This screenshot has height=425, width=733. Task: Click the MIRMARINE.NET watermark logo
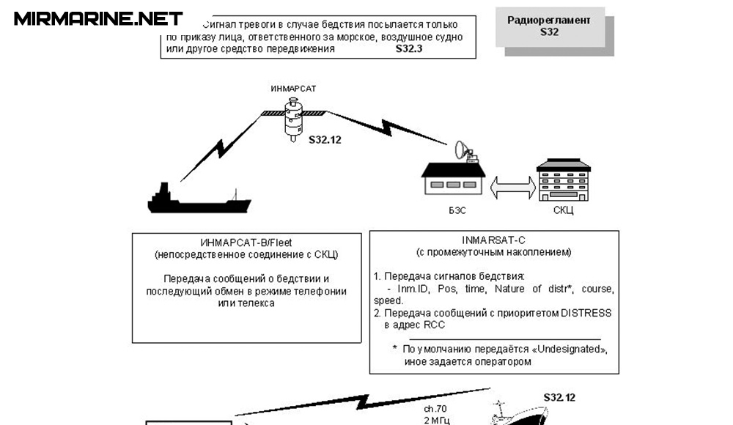98,18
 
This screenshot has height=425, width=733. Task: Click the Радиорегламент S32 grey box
559,27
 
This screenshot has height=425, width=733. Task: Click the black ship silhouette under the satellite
199,200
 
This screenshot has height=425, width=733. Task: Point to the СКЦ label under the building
563,210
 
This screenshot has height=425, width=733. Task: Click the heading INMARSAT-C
494,240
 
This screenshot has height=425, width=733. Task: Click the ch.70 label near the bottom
436,408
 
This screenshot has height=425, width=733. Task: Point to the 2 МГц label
437,420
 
